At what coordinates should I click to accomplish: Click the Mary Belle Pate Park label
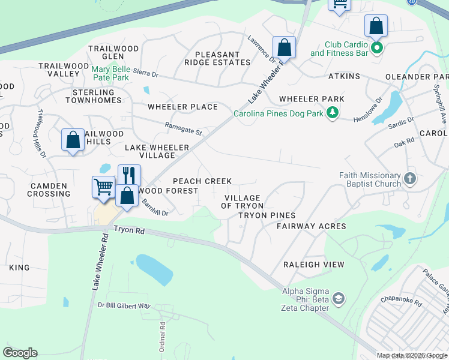(110, 73)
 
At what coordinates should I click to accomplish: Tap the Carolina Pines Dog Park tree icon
(331, 112)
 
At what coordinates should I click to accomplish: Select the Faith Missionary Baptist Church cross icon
(410, 178)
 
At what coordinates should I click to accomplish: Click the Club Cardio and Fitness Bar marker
(376, 47)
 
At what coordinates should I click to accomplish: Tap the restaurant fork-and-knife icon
(129, 175)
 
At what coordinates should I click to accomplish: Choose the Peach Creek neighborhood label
(202, 181)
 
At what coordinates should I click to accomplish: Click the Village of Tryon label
(243, 202)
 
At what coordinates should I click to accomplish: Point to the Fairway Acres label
(311, 226)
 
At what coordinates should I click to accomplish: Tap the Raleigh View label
(314, 264)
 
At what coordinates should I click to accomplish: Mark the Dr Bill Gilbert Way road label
(124, 305)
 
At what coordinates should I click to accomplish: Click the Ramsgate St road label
(184, 128)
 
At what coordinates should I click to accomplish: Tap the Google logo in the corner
(20, 353)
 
